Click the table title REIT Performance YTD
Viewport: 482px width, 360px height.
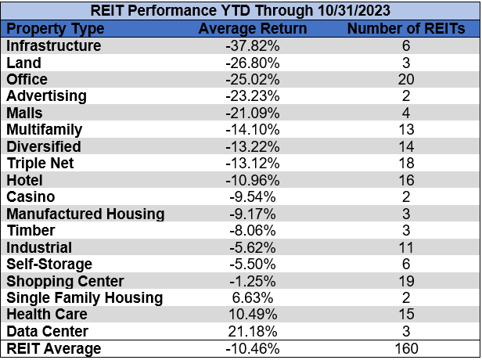(240, 11)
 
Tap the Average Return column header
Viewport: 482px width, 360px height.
(253, 29)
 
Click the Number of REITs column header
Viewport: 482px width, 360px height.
(406, 29)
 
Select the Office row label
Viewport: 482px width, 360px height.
(27, 80)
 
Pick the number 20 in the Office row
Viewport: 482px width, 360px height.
(406, 80)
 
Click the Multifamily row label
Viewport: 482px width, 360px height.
(44, 130)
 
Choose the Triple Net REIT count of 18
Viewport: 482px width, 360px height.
(406, 164)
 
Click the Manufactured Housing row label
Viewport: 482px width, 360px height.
(85, 214)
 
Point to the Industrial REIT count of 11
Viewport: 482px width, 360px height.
(406, 248)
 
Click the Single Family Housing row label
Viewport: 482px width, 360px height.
(85, 298)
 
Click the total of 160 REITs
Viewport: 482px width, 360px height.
(406, 349)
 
